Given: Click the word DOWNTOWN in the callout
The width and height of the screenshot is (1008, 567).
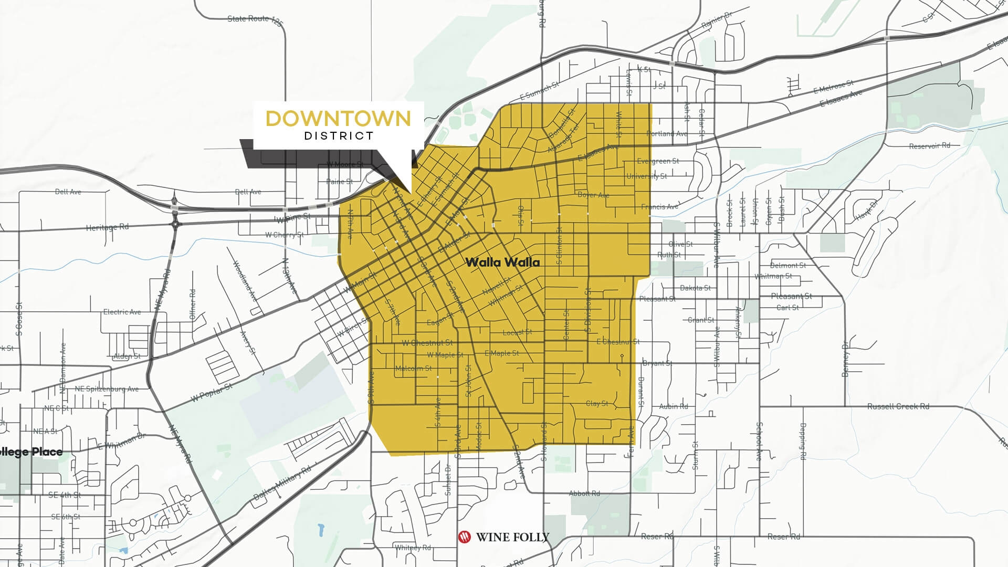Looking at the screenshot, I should (338, 119).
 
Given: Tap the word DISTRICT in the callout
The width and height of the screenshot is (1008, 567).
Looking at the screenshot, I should (339, 136).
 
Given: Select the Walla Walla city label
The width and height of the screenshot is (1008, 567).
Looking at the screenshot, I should (502, 262).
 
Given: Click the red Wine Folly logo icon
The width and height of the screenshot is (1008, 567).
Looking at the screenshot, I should (464, 537).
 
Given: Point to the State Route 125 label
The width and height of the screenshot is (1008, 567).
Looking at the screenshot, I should (255, 19).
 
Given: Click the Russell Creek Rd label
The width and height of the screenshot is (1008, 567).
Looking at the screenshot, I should (898, 406).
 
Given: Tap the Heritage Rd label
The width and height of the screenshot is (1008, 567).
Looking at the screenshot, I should (107, 227).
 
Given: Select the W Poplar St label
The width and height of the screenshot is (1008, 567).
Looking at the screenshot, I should (211, 392).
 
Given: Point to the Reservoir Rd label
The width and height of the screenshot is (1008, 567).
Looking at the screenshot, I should (930, 145).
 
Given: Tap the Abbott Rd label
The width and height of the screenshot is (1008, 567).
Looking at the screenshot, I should (584, 493).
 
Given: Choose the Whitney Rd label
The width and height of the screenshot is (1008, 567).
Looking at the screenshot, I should (413, 548).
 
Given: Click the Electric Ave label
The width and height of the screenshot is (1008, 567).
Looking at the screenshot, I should (122, 312).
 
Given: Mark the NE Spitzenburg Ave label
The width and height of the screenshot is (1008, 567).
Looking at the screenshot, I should (107, 389).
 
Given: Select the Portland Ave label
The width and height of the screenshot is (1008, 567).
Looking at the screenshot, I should (667, 133).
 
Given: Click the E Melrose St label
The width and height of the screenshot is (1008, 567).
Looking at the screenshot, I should (834, 87).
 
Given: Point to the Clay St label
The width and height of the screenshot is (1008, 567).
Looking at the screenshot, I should (597, 404).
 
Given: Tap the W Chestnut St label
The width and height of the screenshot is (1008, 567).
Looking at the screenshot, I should (427, 343).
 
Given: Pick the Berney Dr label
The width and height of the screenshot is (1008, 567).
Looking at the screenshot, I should (845, 360).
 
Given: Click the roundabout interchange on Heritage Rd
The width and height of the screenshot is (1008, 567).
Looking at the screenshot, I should (175, 223).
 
